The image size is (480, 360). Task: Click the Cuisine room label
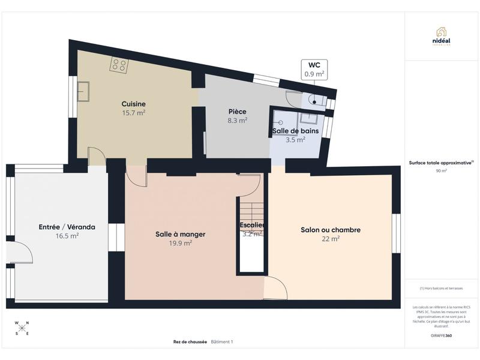click(133, 103)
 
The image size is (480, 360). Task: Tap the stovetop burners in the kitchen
click(118, 65)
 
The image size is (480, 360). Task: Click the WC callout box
click(314, 69)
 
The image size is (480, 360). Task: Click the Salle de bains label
click(295, 130)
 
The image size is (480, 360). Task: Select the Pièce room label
click(238, 112)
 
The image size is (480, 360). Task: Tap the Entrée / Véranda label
click(67, 227)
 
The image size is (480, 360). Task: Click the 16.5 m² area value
click(67, 236)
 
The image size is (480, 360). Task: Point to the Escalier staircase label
click(252, 226)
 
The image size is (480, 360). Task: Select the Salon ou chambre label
click(330, 230)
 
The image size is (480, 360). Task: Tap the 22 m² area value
click(330, 239)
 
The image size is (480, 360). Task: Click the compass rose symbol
click(22, 328)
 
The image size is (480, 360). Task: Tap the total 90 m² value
click(441, 170)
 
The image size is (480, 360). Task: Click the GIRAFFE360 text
click(441, 335)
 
